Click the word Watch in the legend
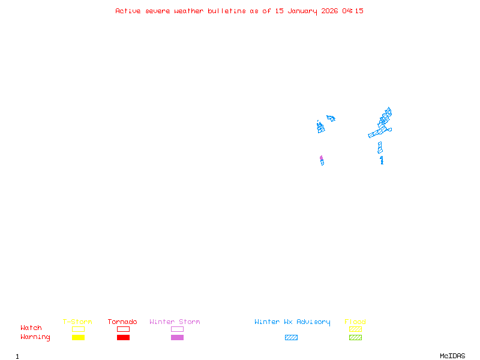tap(31, 328)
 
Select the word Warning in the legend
tap(35, 337)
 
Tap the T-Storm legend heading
tap(77, 322)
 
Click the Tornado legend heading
tap(122, 322)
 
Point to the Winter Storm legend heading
tap(175, 322)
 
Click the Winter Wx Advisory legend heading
tap(292, 322)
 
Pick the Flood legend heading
tap(355, 322)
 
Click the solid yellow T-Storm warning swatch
tap(78, 338)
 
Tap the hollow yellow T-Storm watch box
tap(78, 329)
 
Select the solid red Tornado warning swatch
tap(123, 338)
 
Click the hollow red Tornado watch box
tap(123, 329)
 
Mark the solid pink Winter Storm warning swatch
tap(177, 338)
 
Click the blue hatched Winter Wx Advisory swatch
tap(291, 338)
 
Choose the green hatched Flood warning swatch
tap(355, 338)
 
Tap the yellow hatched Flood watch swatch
tap(355, 329)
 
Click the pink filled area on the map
tap(321, 158)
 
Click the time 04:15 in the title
tap(353, 11)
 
